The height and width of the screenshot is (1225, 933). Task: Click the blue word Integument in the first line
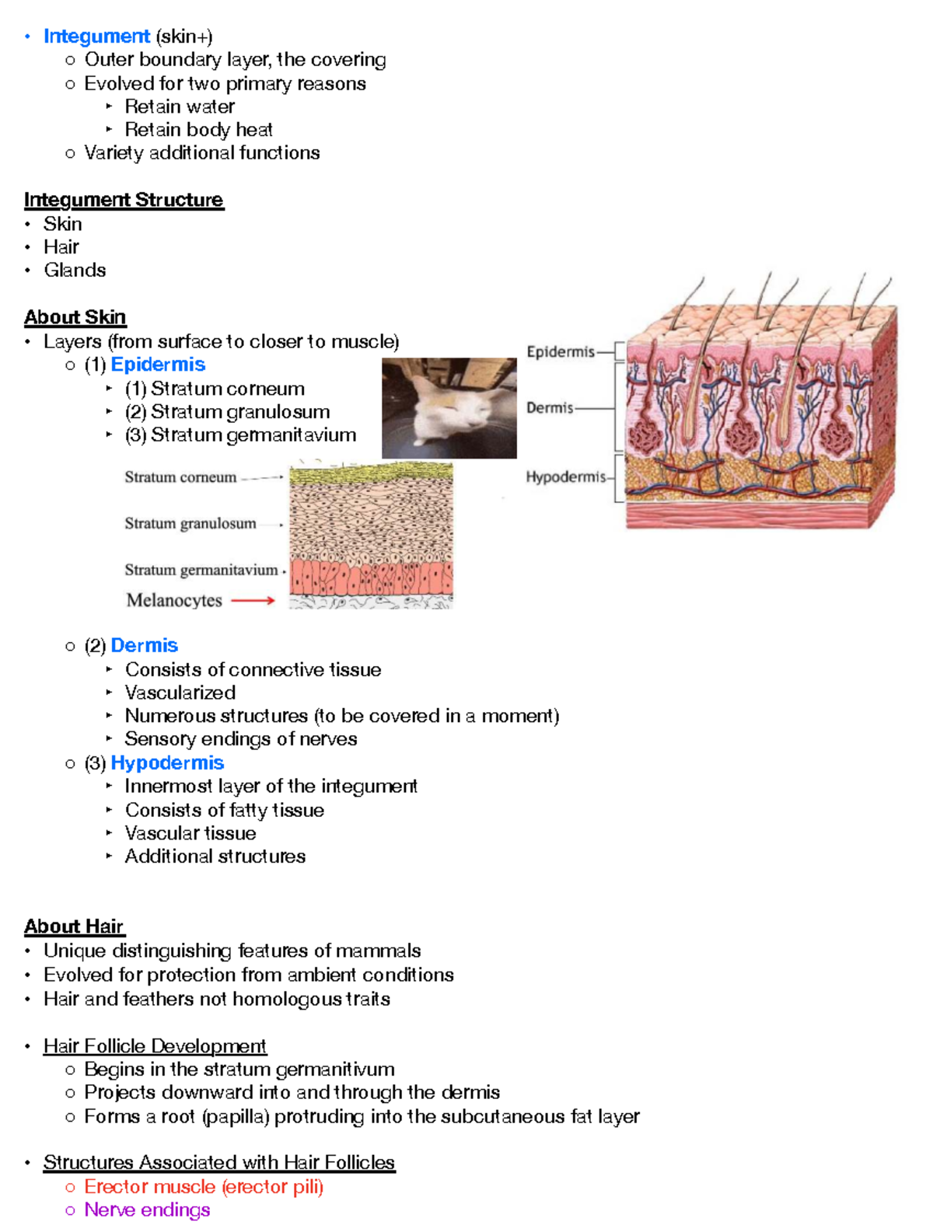point(96,37)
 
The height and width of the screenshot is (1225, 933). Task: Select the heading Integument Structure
point(124,201)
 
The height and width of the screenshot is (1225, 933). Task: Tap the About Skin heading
point(75,317)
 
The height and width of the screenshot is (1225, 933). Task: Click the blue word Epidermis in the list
point(158,365)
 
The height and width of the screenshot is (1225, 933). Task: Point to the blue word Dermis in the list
point(144,645)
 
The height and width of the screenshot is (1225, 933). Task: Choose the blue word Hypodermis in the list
point(167,763)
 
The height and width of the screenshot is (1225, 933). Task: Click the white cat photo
point(449,407)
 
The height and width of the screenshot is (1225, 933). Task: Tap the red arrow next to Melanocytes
point(253,600)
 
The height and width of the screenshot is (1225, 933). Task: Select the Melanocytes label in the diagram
point(174,600)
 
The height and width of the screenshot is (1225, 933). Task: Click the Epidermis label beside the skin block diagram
point(560,352)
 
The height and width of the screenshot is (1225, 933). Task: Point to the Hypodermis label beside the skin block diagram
point(565,477)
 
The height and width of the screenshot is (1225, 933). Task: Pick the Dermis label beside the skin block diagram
point(550,408)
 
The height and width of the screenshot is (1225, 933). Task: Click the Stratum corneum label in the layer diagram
point(180,477)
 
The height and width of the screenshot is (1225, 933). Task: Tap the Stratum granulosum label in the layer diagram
point(190,524)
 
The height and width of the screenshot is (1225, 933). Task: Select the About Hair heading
point(74,927)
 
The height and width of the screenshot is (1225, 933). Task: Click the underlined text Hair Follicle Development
point(155,1046)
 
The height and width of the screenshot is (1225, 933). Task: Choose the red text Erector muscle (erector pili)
point(204,1187)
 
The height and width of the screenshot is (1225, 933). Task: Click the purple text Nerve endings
point(147,1210)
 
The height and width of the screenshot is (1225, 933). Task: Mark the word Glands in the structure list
point(75,270)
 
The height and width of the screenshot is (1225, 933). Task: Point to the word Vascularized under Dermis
point(180,693)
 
